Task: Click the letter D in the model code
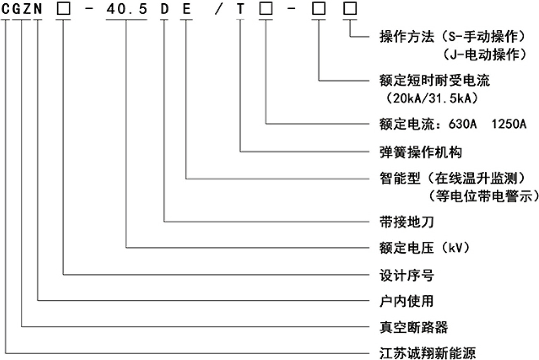164,9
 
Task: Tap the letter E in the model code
187,9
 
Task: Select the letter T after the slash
240,9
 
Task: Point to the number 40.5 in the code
126,9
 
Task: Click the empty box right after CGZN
63,9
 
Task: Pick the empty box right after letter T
266,9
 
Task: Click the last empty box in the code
350,9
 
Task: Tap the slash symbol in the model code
219,9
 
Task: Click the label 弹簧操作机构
421,152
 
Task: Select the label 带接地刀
407,221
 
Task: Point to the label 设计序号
407,275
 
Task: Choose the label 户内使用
407,301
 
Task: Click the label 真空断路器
414,327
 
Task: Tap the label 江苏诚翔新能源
428,353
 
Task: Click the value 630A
462,124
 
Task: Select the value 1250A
509,124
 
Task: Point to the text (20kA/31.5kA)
432,98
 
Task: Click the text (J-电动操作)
484,54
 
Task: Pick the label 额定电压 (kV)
425,248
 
